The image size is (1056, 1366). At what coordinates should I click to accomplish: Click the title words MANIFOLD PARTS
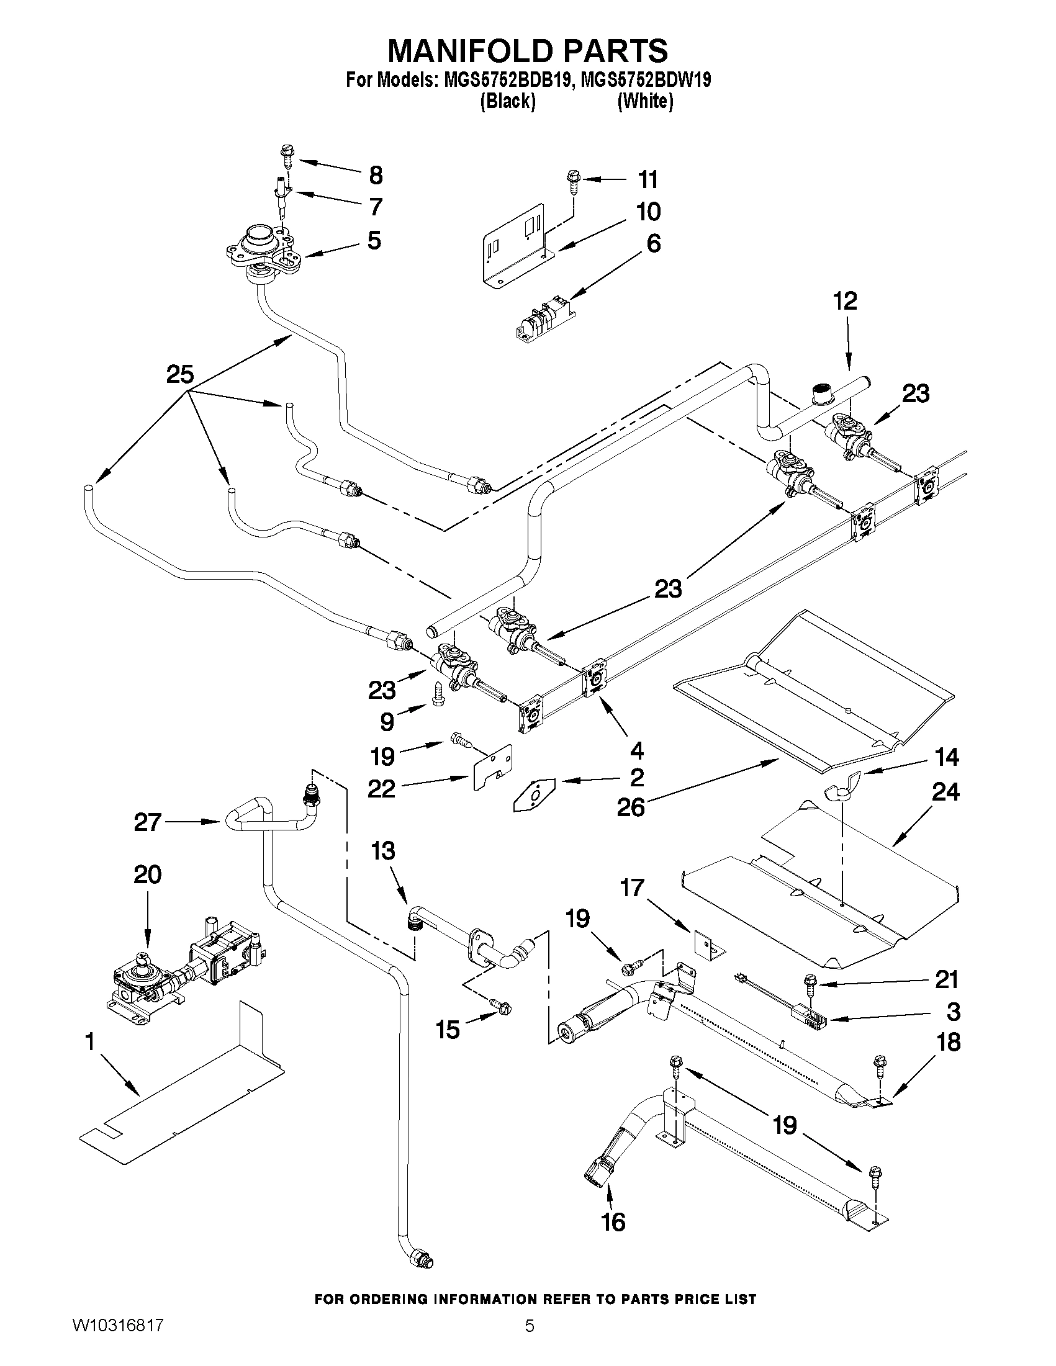[x=527, y=51]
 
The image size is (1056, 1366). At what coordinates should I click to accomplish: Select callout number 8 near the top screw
[x=376, y=175]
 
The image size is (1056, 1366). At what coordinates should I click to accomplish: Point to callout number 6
[x=653, y=243]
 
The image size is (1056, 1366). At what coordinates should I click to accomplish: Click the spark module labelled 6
[x=543, y=320]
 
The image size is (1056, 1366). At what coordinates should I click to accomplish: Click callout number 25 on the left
[x=179, y=375]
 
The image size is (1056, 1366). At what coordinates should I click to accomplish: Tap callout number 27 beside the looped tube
[x=148, y=822]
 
